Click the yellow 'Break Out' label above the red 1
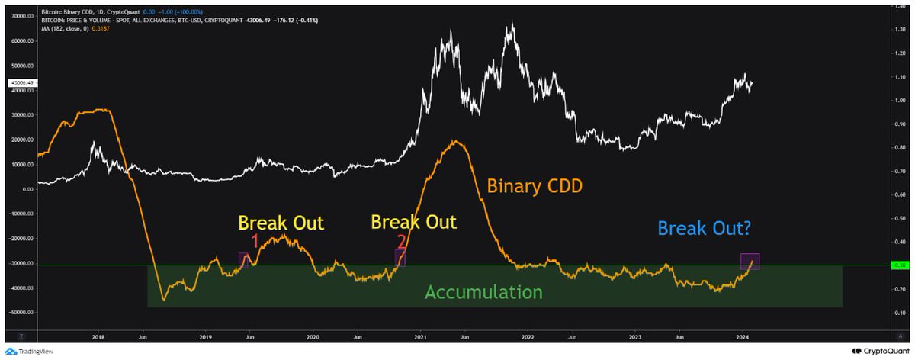pos(281,223)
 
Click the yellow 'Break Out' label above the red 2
pos(413,222)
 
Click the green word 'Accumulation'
pos(483,292)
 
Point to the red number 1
pos(255,241)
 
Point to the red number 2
pos(401,241)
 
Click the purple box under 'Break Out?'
pos(750,261)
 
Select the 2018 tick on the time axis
pos(98,336)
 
